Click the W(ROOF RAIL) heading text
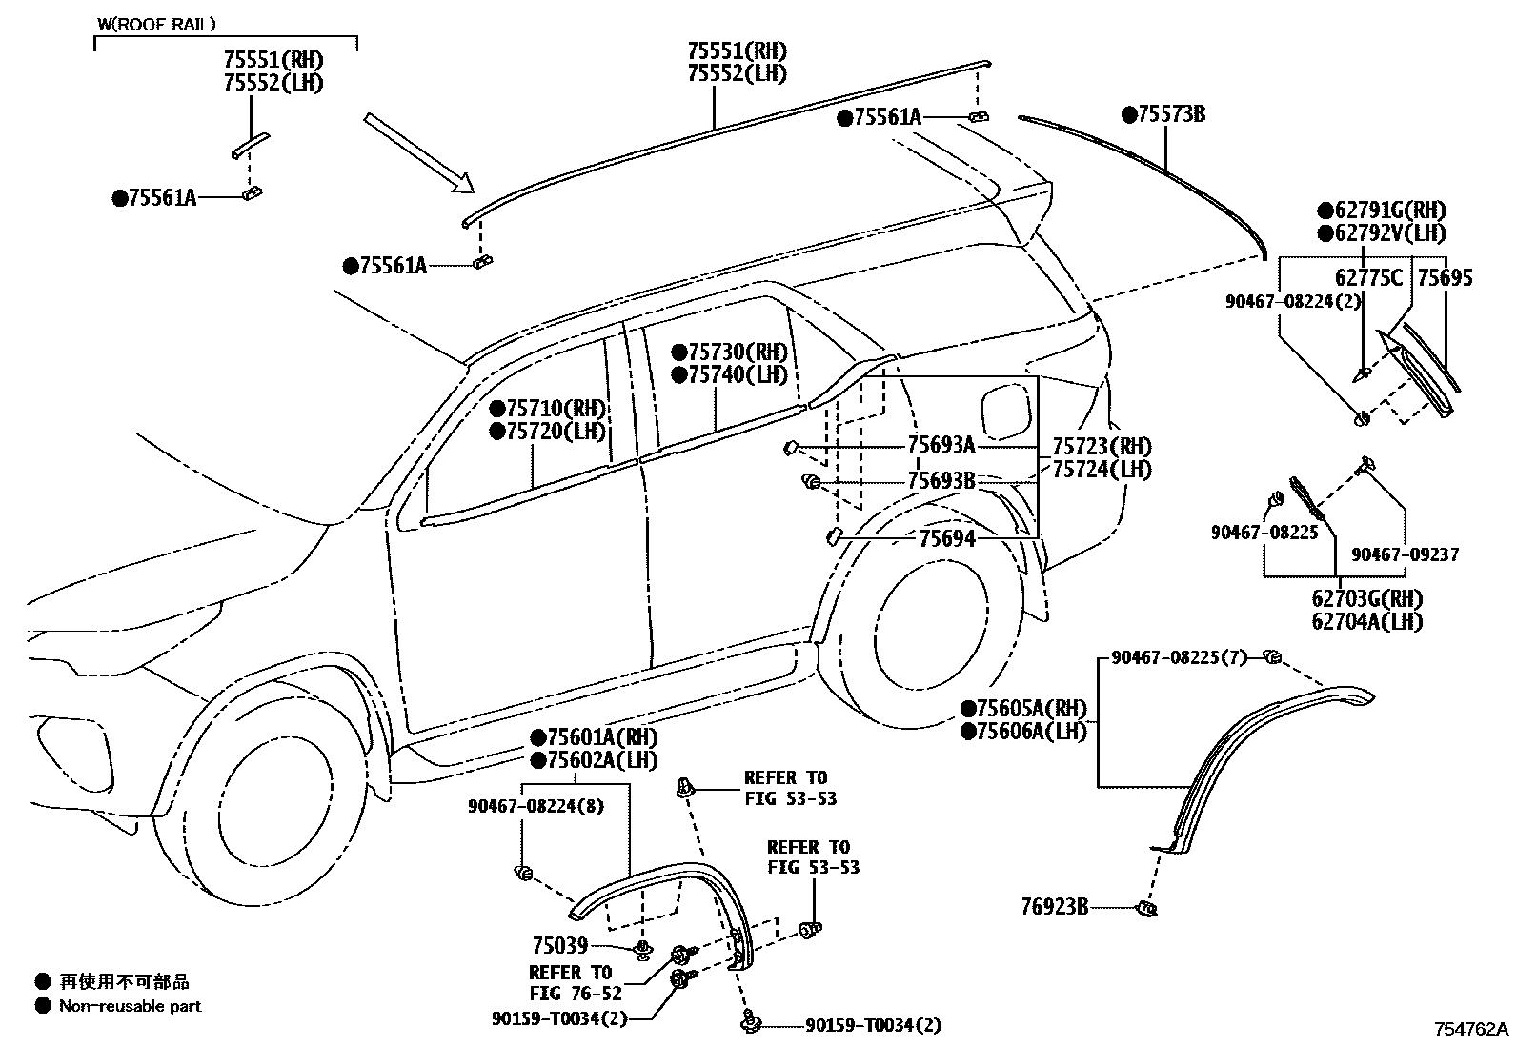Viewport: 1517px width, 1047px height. tap(156, 24)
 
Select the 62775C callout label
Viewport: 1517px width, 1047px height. tap(1368, 278)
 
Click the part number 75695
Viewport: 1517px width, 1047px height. tap(1445, 278)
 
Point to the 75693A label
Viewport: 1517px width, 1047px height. tap(941, 445)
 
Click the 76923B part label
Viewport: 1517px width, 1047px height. tap(1054, 907)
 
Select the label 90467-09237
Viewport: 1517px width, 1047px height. tap(1405, 554)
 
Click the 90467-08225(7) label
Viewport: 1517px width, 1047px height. tap(1179, 657)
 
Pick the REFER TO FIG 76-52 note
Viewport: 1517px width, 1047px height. tap(570, 983)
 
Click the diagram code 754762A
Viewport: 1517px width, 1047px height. tap(1472, 1030)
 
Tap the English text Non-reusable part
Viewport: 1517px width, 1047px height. tap(131, 1006)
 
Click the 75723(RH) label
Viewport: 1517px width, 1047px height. tap(1102, 446)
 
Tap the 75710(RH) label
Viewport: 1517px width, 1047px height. tap(548, 409)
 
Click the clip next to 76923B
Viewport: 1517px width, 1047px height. tap(1146, 909)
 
